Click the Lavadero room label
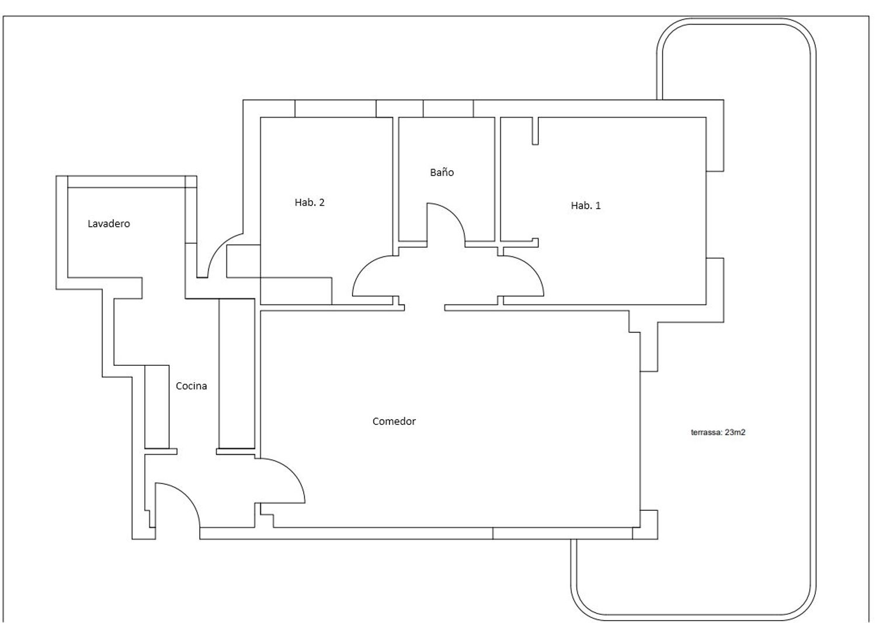click(109, 223)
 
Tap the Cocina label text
click(191, 386)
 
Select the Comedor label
click(394, 421)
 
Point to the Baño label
click(442, 172)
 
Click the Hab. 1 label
click(585, 206)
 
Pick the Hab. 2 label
click(310, 202)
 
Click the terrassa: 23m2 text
click(718, 432)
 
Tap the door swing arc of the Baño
click(454, 213)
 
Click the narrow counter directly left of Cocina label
click(157, 407)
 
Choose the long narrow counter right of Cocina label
click(237, 373)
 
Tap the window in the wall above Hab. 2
click(336, 108)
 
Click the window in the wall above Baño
click(448, 108)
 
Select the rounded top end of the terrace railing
click(736, 21)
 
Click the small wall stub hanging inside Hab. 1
click(536, 131)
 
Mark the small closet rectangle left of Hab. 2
click(244, 261)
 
